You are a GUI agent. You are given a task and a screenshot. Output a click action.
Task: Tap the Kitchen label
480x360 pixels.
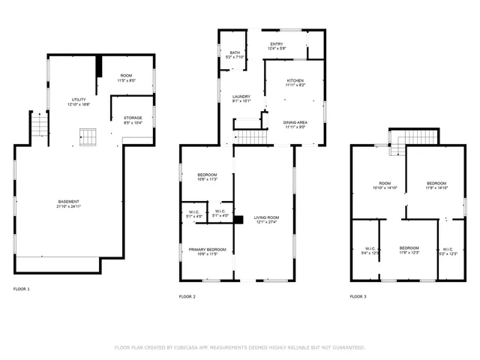(294, 82)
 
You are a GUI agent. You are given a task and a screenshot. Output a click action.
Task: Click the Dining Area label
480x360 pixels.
(294, 124)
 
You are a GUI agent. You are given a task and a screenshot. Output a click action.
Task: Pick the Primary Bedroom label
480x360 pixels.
(206, 251)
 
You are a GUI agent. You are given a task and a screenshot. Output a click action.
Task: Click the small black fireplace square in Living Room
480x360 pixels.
(238, 220)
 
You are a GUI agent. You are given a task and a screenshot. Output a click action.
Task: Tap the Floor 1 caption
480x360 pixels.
(22, 289)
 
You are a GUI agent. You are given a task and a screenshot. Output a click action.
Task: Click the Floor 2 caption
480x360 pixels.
(187, 297)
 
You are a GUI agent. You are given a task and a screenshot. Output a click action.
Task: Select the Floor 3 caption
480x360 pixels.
(358, 297)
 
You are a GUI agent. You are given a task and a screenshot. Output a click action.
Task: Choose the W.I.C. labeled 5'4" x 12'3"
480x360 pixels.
(370, 251)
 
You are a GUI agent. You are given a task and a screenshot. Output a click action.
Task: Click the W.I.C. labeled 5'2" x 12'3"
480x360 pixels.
(447, 251)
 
